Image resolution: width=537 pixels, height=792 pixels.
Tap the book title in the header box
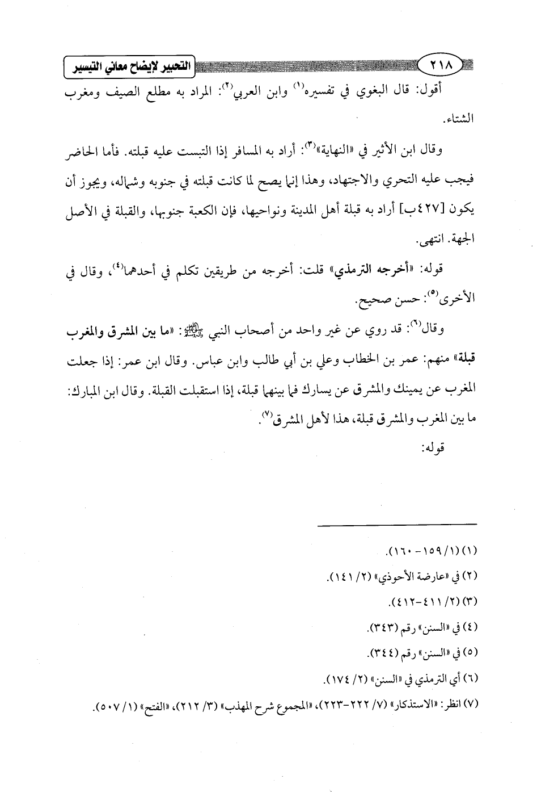pyautogui.click(x=129, y=67)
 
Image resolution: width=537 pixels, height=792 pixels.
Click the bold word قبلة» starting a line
pyautogui.click(x=458, y=361)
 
